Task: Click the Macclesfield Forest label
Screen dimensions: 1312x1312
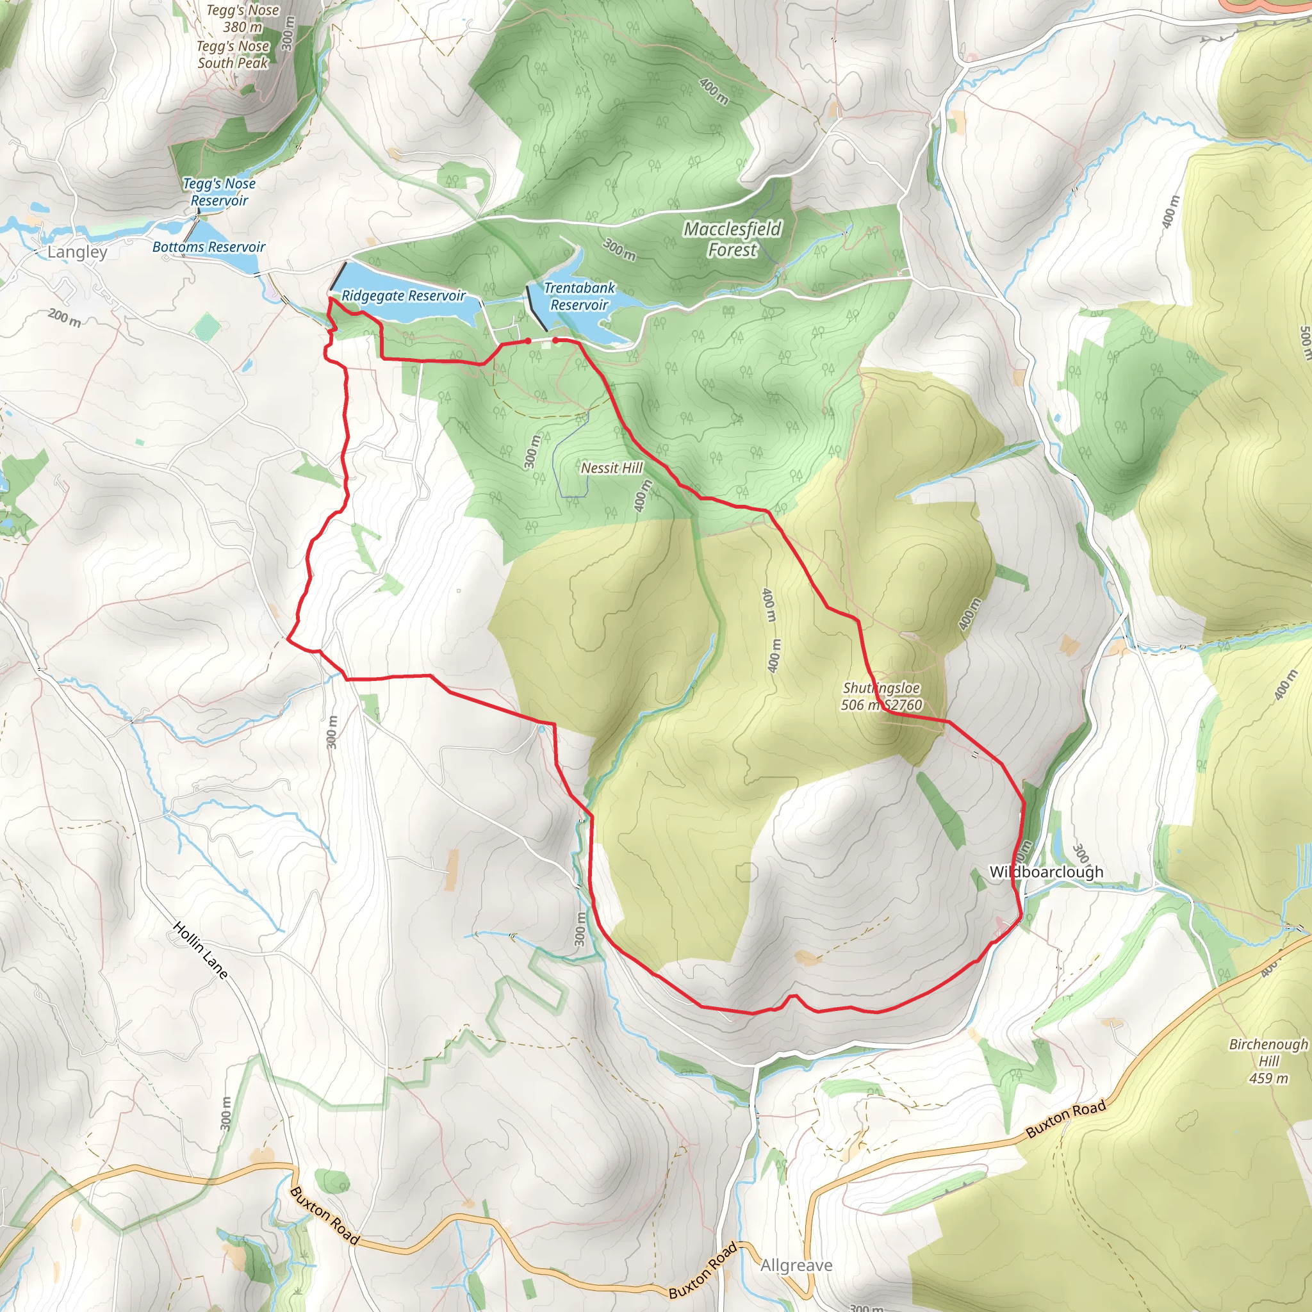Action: click(732, 240)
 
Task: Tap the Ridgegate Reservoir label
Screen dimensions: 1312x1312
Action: click(404, 296)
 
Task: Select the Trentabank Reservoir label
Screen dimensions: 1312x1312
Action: click(579, 297)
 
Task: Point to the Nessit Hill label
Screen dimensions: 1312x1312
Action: click(611, 468)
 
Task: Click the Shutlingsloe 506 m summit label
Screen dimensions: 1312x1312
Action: click(881, 696)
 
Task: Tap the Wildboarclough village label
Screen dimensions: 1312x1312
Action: click(1045, 872)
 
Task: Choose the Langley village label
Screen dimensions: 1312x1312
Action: click(78, 252)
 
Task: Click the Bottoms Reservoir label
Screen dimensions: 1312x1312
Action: click(208, 247)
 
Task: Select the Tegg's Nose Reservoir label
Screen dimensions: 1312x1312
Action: click(219, 192)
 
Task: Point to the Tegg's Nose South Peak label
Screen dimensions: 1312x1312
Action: click(233, 55)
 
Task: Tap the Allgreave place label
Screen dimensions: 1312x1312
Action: click(796, 1265)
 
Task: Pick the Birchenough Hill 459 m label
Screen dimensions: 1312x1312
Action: click(1268, 1061)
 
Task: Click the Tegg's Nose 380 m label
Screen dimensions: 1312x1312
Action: click(242, 19)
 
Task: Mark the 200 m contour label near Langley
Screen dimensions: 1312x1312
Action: click(65, 317)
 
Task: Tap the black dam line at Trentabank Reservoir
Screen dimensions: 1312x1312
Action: click(536, 308)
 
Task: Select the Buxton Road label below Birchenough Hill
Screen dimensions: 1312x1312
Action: click(1065, 1120)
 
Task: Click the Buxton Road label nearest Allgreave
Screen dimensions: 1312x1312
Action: click(703, 1270)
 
